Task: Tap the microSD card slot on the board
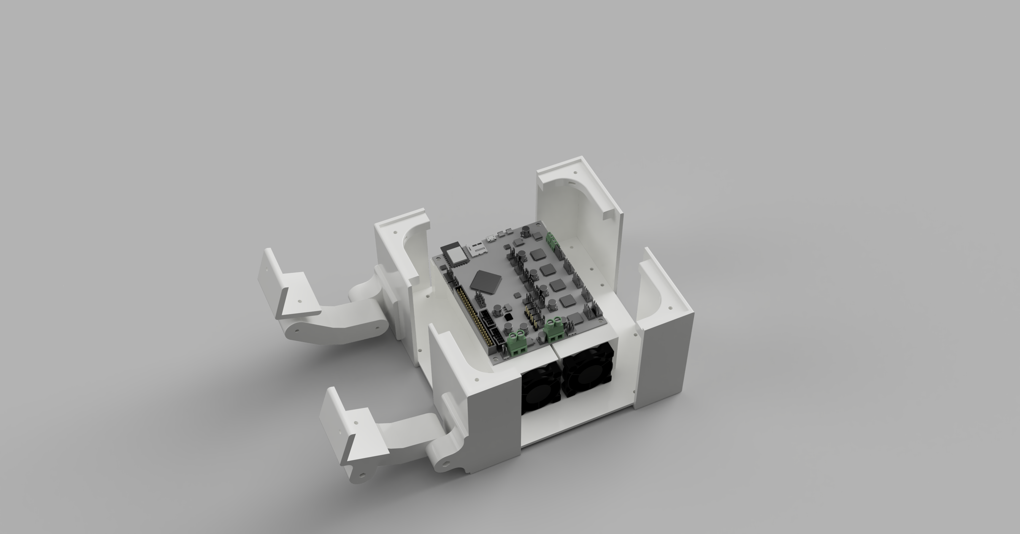pyautogui.click(x=477, y=249)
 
